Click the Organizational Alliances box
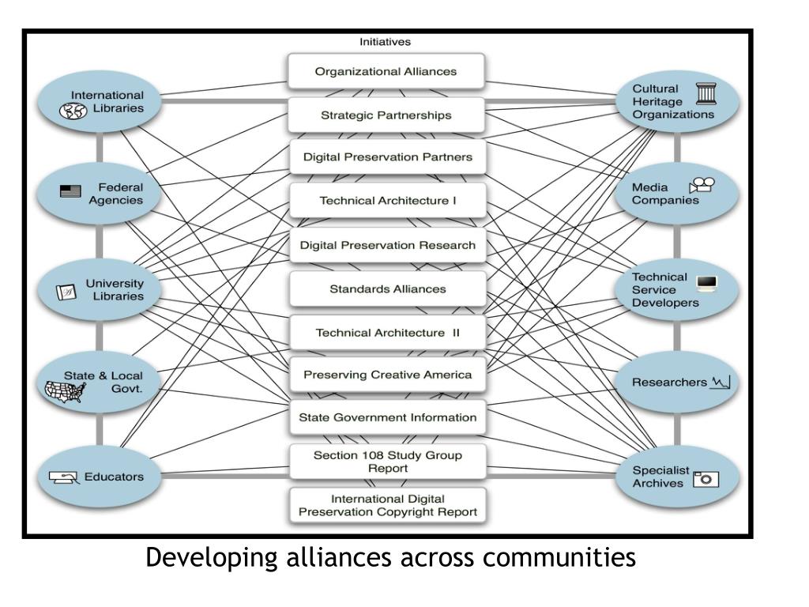coord(386,70)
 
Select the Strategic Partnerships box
coord(386,115)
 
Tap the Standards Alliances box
coord(387,288)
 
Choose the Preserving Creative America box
coord(387,374)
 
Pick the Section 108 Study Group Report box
coord(387,462)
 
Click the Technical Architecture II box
coord(387,333)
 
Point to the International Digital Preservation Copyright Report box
coord(387,505)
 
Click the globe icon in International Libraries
coord(73,111)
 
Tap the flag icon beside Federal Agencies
coord(70,191)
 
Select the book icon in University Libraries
coord(66,292)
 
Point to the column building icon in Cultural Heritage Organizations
coord(706,93)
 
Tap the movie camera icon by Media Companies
coord(702,185)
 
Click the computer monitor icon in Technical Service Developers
coord(706,284)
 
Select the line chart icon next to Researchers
coord(721,383)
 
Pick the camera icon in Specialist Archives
coord(706,479)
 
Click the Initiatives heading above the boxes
coord(385,42)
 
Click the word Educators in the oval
coord(114,477)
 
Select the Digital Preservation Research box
coord(387,245)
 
